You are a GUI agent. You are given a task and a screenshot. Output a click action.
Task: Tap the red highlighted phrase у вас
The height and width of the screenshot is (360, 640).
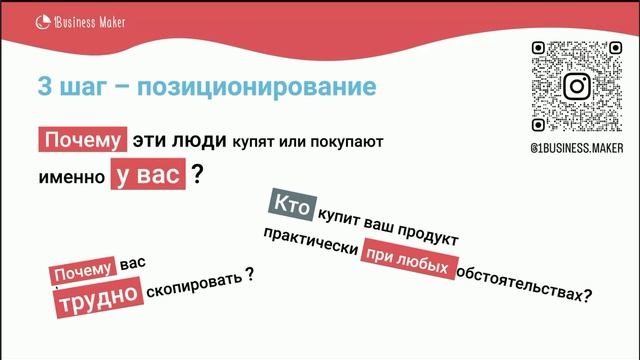click(x=147, y=175)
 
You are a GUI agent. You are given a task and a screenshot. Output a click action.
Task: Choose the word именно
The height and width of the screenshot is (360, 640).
click(x=69, y=176)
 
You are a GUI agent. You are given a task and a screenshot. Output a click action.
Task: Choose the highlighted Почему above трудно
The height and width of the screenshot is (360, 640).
click(x=84, y=270)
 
